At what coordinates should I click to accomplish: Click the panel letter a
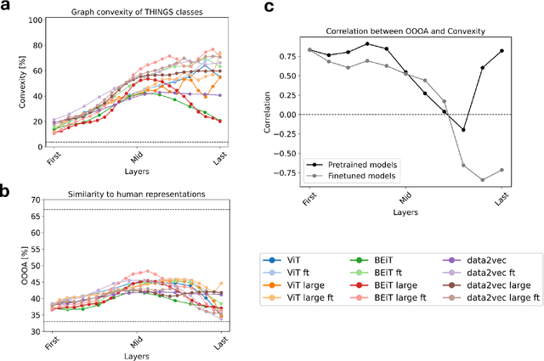pyautogui.click(x=6, y=8)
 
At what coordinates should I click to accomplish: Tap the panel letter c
pyautogui.click(x=270, y=8)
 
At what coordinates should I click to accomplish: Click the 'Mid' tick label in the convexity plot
pyautogui.click(x=136, y=158)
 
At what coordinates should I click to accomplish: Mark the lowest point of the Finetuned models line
pyautogui.click(x=482, y=179)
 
